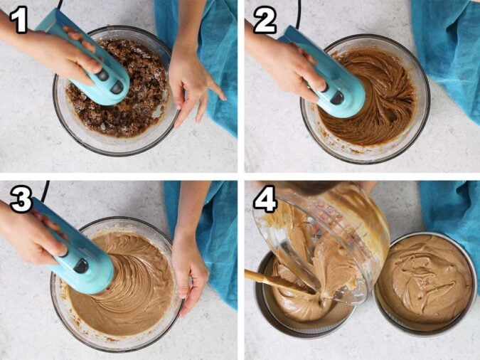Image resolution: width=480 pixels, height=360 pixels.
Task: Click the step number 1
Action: click(19, 20)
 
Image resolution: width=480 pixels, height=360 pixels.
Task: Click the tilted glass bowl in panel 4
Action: click(321, 242)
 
